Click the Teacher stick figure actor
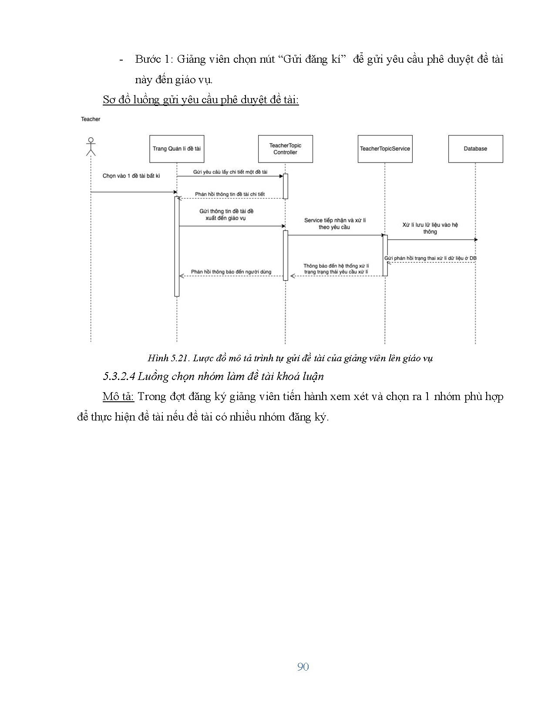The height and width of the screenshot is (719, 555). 91,147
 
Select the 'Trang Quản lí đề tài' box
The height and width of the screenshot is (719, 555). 176,149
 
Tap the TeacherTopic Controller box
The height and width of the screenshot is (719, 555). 285,149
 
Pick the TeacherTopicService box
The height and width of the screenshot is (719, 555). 385,149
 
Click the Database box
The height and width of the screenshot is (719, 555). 475,149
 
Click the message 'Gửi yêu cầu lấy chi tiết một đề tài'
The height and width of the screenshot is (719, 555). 230,172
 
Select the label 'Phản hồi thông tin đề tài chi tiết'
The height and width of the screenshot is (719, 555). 230,194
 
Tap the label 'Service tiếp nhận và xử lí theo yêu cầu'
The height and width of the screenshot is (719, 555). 335,224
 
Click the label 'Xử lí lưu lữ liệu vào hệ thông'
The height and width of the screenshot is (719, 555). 430,228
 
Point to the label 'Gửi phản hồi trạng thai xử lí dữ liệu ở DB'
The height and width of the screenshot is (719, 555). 430,258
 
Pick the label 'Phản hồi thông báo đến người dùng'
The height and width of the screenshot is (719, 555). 231,272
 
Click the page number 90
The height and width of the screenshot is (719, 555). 303,667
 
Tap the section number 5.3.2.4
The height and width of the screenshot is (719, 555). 119,376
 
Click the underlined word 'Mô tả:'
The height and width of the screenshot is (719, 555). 118,397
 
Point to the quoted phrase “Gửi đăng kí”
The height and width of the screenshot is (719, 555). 311,59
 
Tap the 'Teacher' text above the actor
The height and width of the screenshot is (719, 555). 91,119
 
